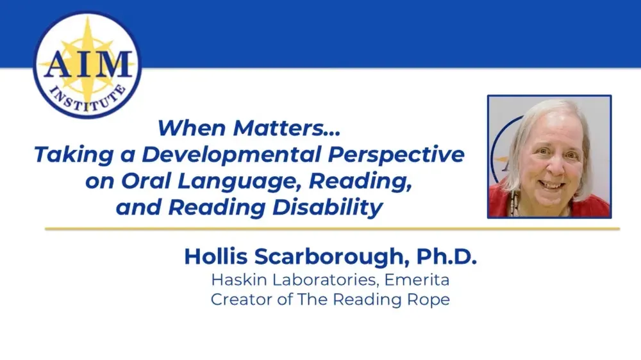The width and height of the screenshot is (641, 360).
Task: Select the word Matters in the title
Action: (283, 127)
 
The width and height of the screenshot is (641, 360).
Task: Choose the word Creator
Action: (238, 300)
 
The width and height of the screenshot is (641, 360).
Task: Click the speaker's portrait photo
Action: (549, 157)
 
